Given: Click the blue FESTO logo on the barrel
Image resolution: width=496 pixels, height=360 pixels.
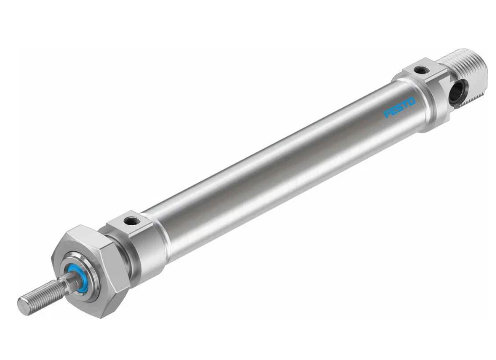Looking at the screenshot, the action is [399, 108].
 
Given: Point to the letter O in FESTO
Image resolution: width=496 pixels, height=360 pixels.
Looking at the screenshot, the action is [411, 102].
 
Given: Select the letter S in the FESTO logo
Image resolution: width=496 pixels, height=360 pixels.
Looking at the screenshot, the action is [399, 108].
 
